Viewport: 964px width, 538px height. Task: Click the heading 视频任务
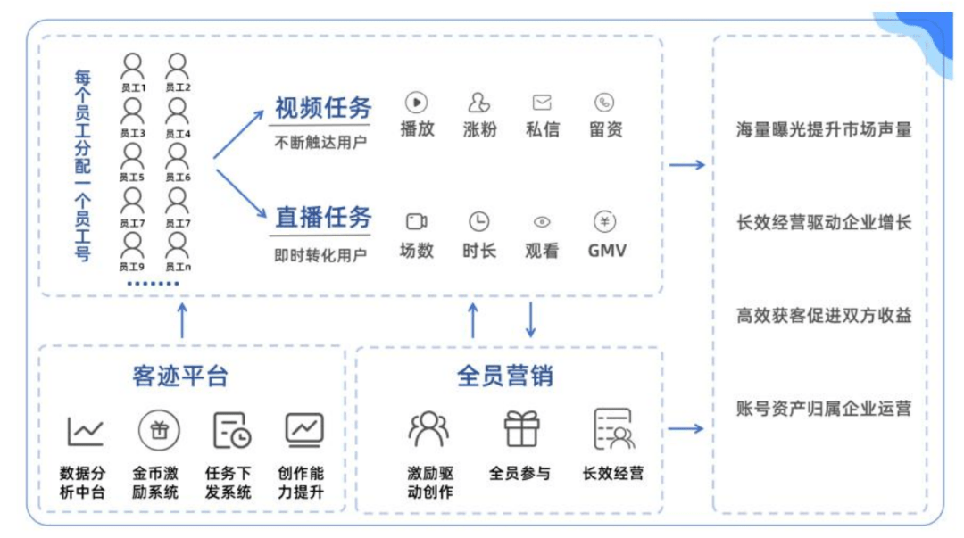pyautogui.click(x=323, y=109)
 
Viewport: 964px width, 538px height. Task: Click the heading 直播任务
pyautogui.click(x=323, y=217)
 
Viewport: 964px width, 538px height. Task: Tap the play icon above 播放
pyautogui.click(x=416, y=102)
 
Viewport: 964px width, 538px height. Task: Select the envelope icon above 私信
pyautogui.click(x=542, y=102)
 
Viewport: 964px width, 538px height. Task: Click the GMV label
pyautogui.click(x=607, y=251)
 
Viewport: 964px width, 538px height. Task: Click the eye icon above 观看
pyautogui.click(x=542, y=222)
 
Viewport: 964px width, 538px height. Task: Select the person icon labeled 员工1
pyautogui.click(x=133, y=66)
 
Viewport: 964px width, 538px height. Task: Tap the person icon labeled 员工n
pyautogui.click(x=178, y=244)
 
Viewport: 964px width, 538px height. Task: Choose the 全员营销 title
pyautogui.click(x=505, y=376)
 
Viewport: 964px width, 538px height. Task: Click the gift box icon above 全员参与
pyautogui.click(x=522, y=429)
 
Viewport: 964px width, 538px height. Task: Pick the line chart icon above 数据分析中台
pyautogui.click(x=86, y=432)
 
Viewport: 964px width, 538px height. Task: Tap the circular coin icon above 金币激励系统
pyautogui.click(x=159, y=431)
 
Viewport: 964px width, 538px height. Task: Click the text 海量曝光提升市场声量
pyautogui.click(x=823, y=130)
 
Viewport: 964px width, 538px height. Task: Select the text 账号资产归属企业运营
pyautogui.click(x=823, y=410)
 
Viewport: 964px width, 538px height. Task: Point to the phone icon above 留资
pyautogui.click(x=605, y=102)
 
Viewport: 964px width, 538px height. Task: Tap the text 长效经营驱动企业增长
pyautogui.click(x=823, y=223)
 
